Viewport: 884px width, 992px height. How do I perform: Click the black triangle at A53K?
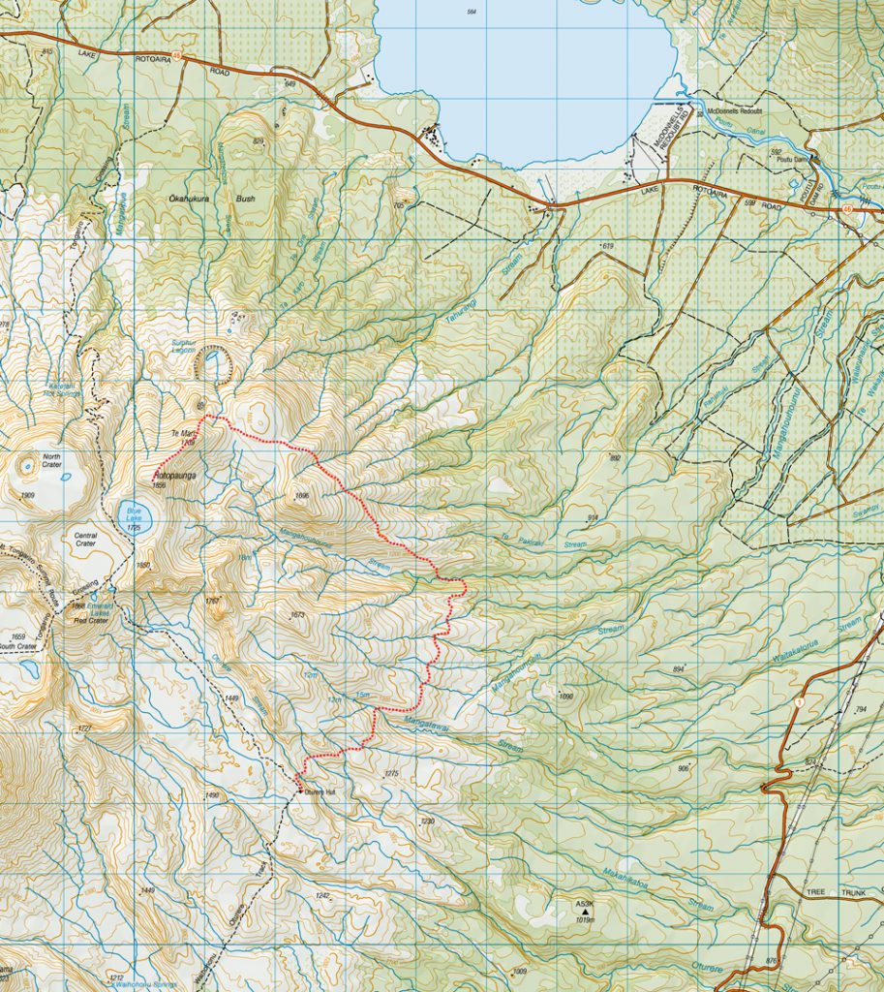585,912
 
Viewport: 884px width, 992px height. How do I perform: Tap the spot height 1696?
301,496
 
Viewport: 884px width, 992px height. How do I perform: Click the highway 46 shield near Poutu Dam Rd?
847,207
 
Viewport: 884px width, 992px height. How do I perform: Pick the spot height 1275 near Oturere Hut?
391,773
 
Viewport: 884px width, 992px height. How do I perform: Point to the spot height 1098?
566,696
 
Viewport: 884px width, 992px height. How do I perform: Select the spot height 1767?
214,602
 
